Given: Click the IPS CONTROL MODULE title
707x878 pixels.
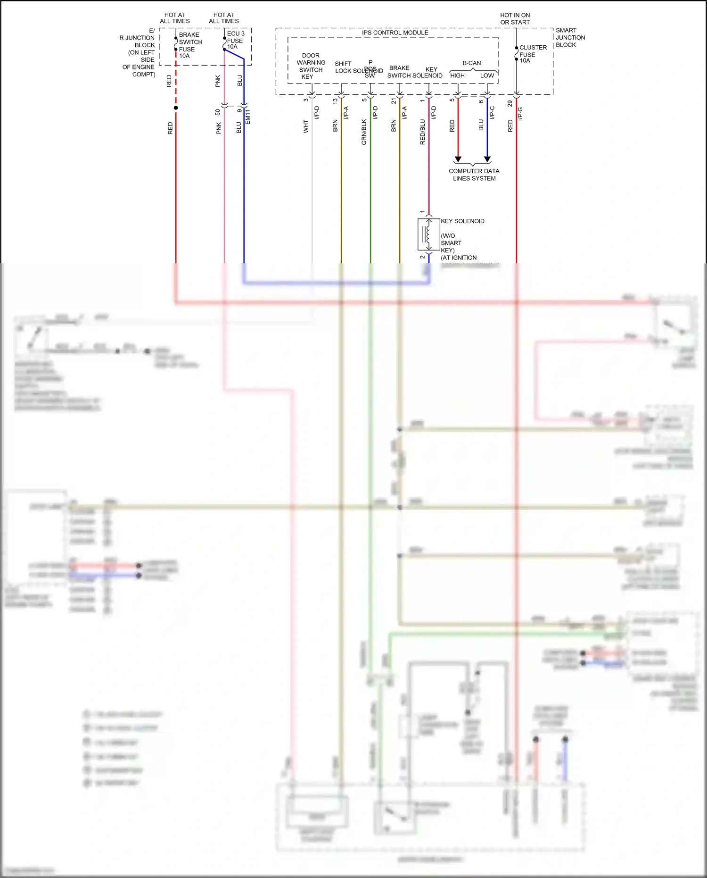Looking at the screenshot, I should pyautogui.click(x=395, y=33).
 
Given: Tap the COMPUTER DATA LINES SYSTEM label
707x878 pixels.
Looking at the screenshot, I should pyautogui.click(x=474, y=175).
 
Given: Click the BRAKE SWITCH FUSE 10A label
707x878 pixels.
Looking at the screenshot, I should pyautogui.click(x=190, y=45).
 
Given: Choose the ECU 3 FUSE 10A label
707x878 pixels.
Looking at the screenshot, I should pyautogui.click(x=235, y=40).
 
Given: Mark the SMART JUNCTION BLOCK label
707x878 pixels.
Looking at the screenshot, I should pyautogui.click(x=570, y=37).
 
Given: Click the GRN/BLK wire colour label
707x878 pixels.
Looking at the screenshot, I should pyautogui.click(x=364, y=132).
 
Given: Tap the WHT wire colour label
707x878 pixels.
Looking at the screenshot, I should pyautogui.click(x=306, y=126).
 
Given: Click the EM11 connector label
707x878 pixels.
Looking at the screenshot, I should pyautogui.click(x=248, y=117).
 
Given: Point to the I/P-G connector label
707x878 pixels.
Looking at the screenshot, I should pyautogui.click(x=521, y=114).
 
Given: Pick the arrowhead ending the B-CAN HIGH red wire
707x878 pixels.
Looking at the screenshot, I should pyautogui.click(x=458, y=159).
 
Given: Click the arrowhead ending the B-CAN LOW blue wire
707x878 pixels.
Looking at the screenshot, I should pyautogui.click(x=487, y=159).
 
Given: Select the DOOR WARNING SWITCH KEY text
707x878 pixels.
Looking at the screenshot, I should pyautogui.click(x=311, y=66).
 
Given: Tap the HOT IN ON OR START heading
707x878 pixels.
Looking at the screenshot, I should pyautogui.click(x=515, y=18).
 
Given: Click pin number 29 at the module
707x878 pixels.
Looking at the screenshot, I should pyautogui.click(x=510, y=103).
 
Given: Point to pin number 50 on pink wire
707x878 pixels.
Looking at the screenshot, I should pyautogui.click(x=218, y=112).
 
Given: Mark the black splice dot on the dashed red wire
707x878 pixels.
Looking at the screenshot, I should pyautogui.click(x=176, y=108).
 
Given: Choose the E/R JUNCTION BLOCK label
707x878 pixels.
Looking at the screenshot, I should pyautogui.click(x=139, y=52).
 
